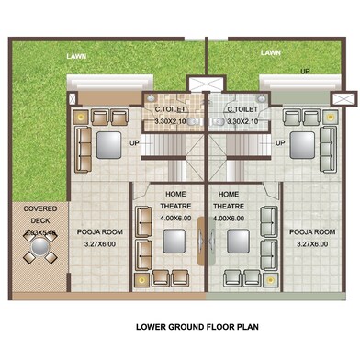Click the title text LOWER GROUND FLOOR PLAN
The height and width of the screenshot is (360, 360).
coord(202,326)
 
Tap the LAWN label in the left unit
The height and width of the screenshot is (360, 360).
coord(77,56)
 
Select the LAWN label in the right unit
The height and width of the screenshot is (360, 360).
coord(270,53)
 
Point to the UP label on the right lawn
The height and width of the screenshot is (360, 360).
coord(304,70)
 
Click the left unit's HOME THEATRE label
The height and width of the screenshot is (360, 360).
coord(176,200)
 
